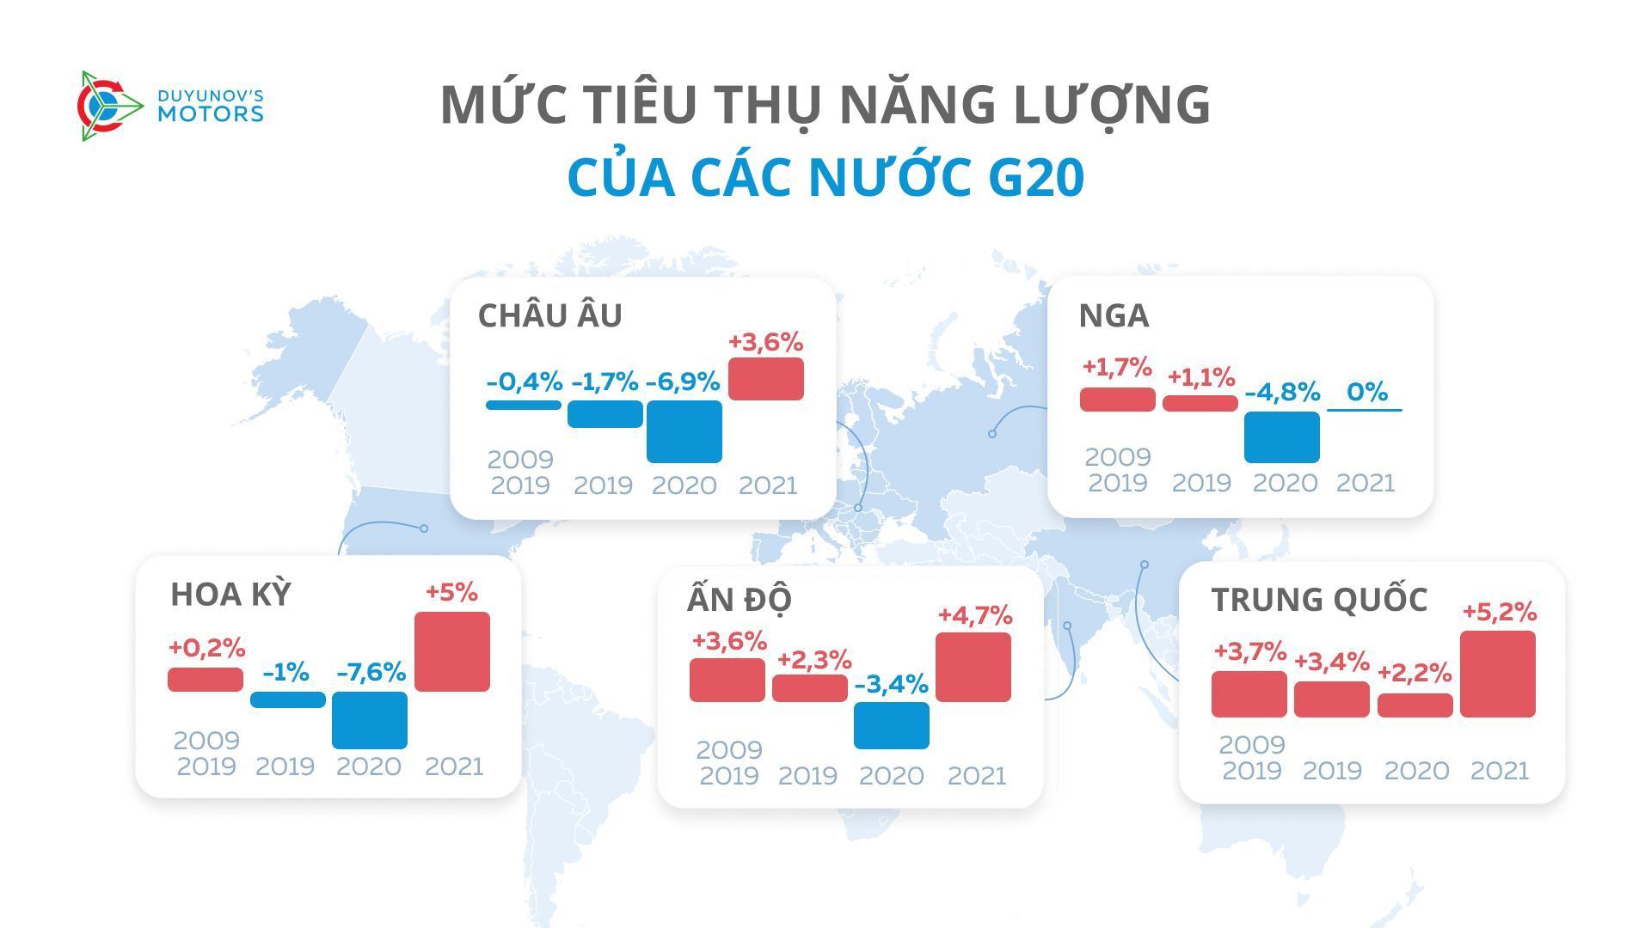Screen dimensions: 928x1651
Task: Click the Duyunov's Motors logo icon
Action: click(x=109, y=106)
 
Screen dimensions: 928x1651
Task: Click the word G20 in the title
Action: click(x=1035, y=177)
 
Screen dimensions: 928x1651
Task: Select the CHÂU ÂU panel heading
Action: click(x=549, y=315)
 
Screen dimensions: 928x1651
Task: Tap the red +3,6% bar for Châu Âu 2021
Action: click(x=765, y=379)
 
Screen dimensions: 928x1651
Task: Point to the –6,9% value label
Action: click(x=682, y=382)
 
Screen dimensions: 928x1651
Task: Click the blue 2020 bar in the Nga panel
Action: click(x=1281, y=437)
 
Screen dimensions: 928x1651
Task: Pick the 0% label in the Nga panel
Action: click(x=1366, y=392)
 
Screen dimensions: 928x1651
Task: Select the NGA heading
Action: click(x=1114, y=315)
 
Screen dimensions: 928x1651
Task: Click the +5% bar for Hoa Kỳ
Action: click(x=451, y=651)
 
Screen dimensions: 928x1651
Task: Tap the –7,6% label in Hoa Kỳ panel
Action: click(x=371, y=672)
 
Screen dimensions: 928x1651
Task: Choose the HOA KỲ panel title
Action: click(x=230, y=595)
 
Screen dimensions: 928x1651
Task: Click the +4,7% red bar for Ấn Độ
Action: click(x=973, y=667)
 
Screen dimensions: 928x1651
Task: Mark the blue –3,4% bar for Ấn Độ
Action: click(x=891, y=725)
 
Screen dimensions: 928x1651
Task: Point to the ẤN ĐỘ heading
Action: click(x=739, y=599)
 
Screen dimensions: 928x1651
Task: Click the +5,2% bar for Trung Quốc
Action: click(x=1497, y=674)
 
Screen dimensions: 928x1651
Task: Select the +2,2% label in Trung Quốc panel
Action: click(x=1414, y=673)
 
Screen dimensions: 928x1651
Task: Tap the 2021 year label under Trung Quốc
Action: click(x=1499, y=771)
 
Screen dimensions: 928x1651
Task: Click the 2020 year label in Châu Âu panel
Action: click(x=684, y=485)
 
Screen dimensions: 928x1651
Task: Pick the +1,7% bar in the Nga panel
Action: click(x=1117, y=400)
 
